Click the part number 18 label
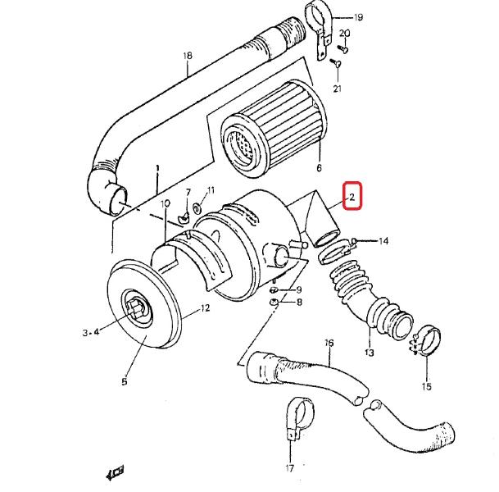coord(188,57)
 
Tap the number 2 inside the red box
coord(351,197)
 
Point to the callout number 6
coord(318,169)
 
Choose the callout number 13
coord(369,353)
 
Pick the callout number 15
coord(426,386)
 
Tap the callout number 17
coord(289,468)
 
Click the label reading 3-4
coord(91,332)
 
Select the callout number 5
coord(125,381)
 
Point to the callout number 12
coord(205,308)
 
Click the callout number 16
coord(329,343)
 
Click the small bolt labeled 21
coord(333,61)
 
